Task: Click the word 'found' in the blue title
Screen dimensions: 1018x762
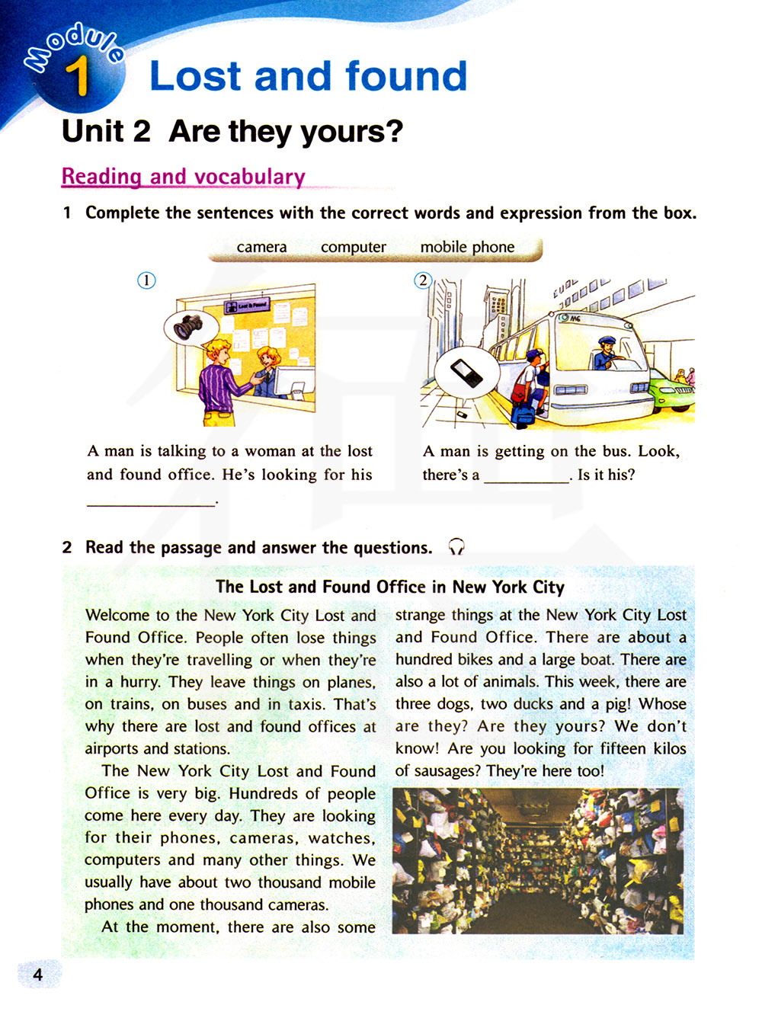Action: coord(405,76)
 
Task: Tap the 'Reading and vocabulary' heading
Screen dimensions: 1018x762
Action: coord(183,177)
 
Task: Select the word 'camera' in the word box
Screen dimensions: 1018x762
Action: coord(261,248)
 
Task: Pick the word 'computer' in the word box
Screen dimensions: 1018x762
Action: coord(353,248)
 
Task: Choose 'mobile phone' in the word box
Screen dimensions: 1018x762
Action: coord(467,248)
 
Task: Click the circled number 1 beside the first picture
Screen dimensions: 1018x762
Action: coord(146,280)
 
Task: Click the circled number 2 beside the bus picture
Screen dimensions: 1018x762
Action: coord(423,280)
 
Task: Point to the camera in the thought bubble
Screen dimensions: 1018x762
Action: coord(188,326)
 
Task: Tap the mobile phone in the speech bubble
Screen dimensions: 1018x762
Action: coord(466,373)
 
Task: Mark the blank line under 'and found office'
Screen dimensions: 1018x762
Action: coord(151,501)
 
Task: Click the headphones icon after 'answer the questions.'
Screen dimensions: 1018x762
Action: coord(456,547)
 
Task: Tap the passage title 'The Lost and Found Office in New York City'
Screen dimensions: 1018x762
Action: coord(389,587)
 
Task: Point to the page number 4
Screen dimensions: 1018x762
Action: coord(37,975)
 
